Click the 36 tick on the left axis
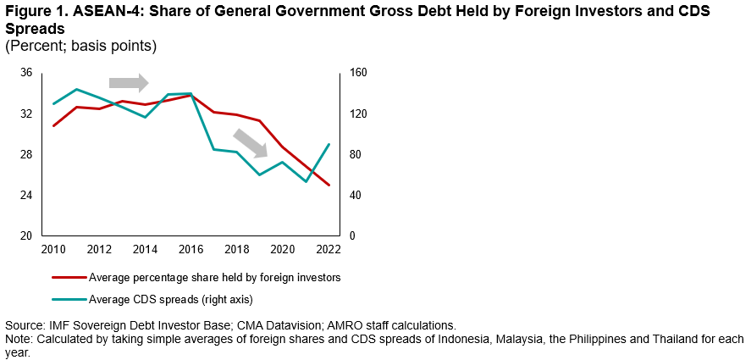26,74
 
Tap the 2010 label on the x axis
53,249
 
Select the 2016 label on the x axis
191,249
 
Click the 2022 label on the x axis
328,249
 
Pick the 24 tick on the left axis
26,196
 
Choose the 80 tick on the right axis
355,155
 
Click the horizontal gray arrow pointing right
129,82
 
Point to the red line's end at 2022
329,186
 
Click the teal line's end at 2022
329,144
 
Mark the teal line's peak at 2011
77,89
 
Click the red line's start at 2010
54,125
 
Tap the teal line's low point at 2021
306,181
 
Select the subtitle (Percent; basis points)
81,45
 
